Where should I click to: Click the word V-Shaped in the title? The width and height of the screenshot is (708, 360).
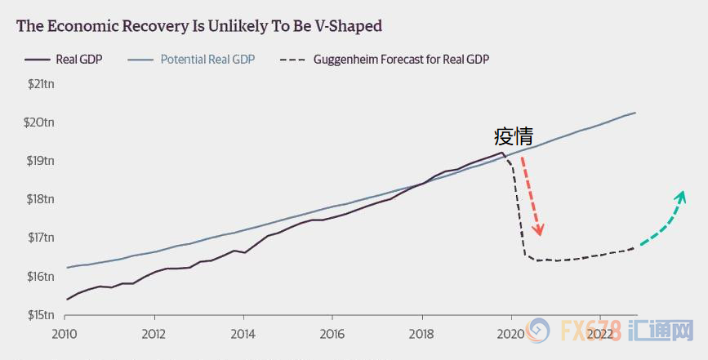345,25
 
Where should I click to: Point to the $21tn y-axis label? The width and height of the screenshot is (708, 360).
40,84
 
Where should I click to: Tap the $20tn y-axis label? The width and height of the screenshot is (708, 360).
40,122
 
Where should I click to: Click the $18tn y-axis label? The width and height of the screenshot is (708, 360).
40,199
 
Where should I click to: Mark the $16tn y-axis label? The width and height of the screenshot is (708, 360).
40,277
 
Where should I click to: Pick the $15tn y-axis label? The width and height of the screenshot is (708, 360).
40,315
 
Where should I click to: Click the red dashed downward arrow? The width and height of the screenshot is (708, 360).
530,193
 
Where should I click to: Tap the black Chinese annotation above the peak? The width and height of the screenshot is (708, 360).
513,136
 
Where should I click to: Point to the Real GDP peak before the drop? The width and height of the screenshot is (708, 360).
501,152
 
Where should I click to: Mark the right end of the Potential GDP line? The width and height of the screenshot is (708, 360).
635,113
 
